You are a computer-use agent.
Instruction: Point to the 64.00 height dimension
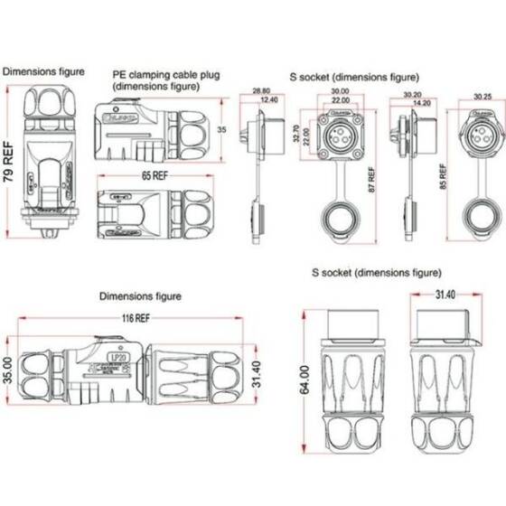coord(305,379)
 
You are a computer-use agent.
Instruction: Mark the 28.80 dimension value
coord(261,91)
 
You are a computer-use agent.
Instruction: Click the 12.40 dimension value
coord(268,99)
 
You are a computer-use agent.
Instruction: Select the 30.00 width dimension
coord(340,91)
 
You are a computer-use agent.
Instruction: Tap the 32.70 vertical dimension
coord(295,135)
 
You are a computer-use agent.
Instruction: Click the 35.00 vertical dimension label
coord(7,371)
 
